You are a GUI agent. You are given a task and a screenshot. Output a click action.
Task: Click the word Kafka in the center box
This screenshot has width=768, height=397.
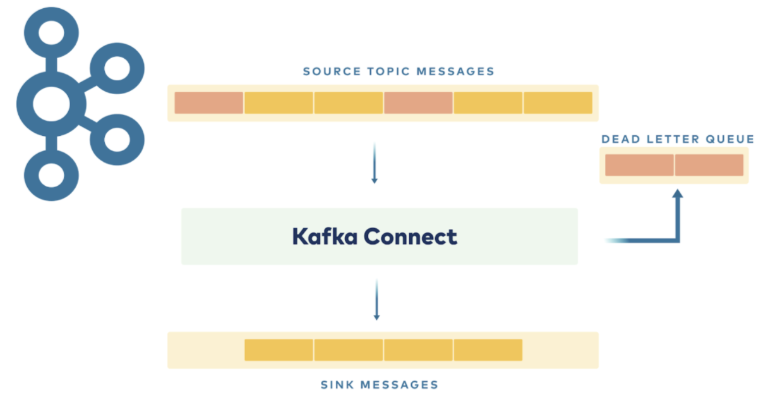[324, 236]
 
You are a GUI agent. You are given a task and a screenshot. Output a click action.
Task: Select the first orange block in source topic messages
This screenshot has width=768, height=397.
[209, 103]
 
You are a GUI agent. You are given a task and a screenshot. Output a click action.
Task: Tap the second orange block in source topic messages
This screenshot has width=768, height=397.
[418, 103]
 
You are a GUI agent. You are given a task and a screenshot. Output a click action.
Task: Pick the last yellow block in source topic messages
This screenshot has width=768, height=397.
[558, 103]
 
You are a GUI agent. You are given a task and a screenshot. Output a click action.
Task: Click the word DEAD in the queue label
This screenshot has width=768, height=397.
[618, 139]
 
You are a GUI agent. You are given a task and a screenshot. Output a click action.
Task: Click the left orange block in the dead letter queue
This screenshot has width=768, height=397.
[639, 165]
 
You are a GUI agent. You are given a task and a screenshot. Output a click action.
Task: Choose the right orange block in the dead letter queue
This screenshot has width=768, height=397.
[709, 165]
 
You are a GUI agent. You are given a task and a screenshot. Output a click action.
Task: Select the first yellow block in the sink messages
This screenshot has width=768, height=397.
[279, 350]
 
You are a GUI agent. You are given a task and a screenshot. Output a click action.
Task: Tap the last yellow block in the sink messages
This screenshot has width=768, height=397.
[488, 350]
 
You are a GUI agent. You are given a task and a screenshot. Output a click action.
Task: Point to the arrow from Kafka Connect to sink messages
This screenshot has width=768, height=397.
[376, 300]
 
